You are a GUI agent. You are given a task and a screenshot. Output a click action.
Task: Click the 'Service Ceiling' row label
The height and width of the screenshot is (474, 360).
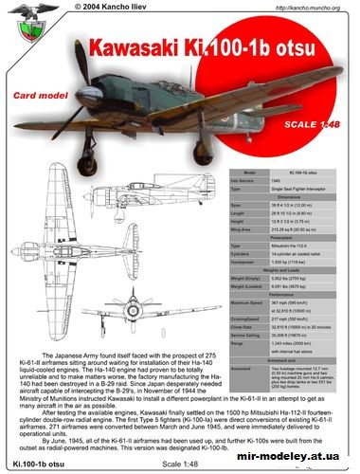(x=252, y=334)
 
